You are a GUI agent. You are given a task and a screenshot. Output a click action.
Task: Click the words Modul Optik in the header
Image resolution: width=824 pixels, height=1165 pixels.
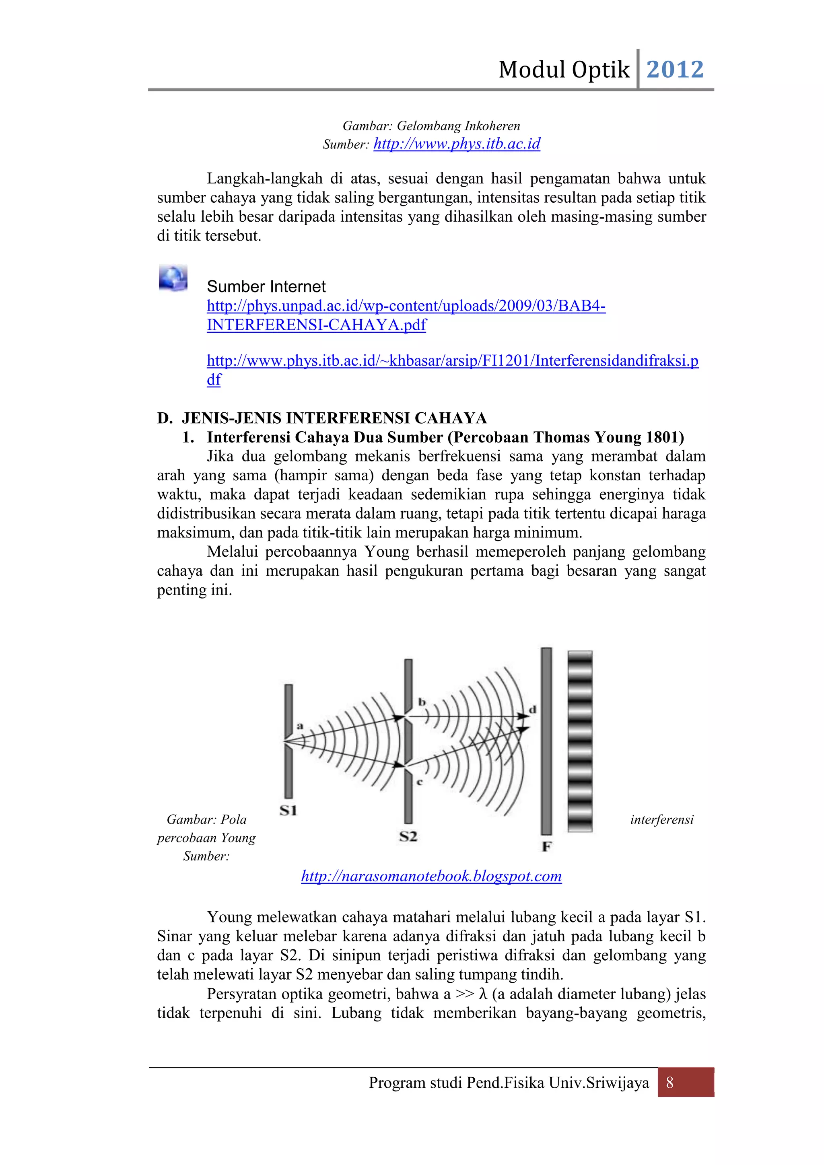click(x=564, y=70)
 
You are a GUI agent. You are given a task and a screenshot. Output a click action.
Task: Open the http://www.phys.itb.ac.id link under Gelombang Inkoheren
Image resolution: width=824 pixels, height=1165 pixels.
click(x=457, y=144)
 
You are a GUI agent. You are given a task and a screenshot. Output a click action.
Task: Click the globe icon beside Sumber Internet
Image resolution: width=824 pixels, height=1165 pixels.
click(x=173, y=278)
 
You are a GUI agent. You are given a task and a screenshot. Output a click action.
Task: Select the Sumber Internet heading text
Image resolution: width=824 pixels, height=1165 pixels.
click(x=266, y=287)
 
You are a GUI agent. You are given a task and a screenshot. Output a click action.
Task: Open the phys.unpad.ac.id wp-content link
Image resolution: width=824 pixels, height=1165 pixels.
click(x=406, y=306)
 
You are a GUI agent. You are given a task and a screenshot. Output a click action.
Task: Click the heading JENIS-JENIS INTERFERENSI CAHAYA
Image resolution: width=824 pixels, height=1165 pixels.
click(x=334, y=418)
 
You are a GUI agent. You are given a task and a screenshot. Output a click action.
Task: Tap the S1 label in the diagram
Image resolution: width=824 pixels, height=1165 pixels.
click(x=288, y=810)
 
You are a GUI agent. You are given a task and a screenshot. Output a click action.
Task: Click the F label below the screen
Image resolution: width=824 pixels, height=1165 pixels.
click(x=546, y=846)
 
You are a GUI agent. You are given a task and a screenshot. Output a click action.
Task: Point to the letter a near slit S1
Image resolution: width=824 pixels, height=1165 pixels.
click(x=300, y=726)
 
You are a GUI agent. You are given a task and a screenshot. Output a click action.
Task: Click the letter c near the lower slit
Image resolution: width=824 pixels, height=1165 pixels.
click(x=420, y=782)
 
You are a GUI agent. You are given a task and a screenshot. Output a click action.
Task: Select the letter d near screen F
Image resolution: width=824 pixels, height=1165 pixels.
click(x=532, y=709)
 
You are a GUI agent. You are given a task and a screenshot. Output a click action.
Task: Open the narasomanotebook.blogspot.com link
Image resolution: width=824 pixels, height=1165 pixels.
click(x=431, y=876)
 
